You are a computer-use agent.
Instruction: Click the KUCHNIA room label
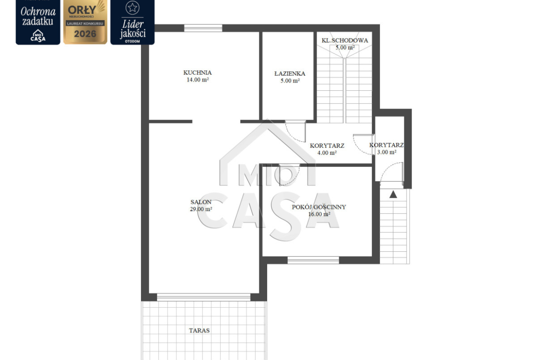tap(197, 72)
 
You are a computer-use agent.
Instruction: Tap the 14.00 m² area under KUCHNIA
tap(198, 80)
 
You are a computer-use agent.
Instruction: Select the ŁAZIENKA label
tap(290, 73)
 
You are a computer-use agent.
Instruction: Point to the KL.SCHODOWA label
tap(345, 40)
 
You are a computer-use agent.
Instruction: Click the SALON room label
tap(201, 202)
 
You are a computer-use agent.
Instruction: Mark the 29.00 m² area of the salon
tap(201, 209)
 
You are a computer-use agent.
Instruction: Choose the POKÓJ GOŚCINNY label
tap(319, 207)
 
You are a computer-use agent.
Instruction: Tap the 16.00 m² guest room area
tap(319, 214)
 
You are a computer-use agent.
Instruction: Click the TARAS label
tap(199, 331)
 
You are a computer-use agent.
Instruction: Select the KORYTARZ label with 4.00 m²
tap(327, 146)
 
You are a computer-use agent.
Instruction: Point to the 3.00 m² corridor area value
tap(386, 152)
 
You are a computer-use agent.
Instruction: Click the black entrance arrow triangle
tap(393, 194)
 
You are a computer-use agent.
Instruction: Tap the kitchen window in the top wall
tap(203, 28)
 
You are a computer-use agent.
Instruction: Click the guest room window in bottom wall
tap(313, 260)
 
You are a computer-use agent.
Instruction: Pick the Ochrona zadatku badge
tap(38, 22)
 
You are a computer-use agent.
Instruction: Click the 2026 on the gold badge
tap(85, 34)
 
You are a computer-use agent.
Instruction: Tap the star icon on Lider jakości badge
tap(132, 7)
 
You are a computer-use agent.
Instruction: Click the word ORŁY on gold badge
tap(82, 10)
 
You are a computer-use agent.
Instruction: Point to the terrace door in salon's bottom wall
tap(204, 297)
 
